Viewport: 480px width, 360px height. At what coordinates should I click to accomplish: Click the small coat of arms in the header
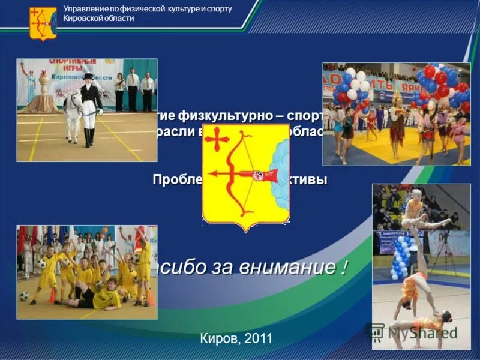click(43, 23)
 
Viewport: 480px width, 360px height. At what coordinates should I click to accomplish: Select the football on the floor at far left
click(24, 296)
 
